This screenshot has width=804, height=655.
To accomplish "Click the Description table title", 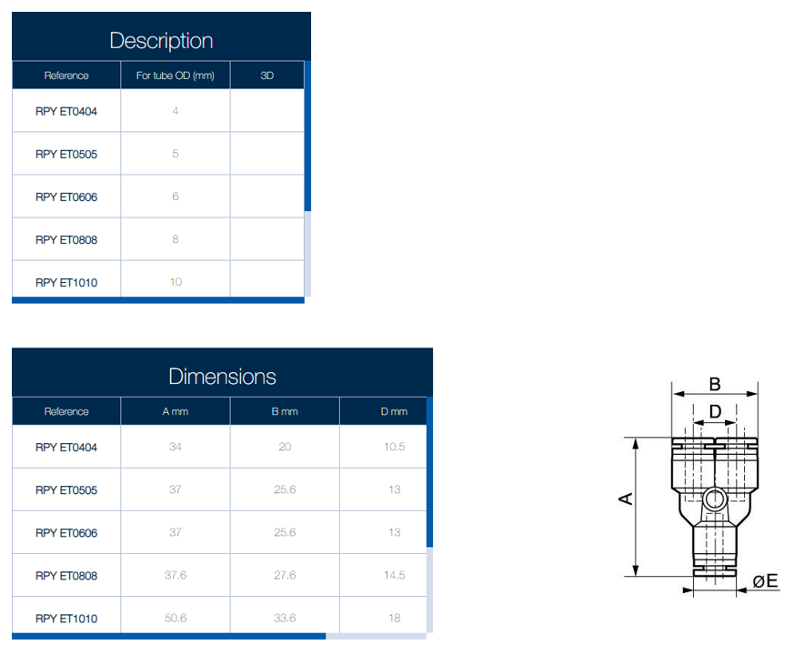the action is (161, 41).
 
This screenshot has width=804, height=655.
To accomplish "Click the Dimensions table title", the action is (222, 377).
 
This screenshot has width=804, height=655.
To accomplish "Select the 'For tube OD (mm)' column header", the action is (176, 76).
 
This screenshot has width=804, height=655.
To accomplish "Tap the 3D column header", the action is (266, 76).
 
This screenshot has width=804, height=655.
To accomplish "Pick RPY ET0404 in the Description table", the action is (66, 111).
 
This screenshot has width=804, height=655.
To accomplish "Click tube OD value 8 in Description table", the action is (176, 239).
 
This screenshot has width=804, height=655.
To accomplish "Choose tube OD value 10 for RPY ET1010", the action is (176, 282).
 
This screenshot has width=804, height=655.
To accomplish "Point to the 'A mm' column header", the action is (176, 411).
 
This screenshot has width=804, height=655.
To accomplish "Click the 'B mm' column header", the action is (285, 411).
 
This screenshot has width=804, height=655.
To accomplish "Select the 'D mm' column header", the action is (394, 411).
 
